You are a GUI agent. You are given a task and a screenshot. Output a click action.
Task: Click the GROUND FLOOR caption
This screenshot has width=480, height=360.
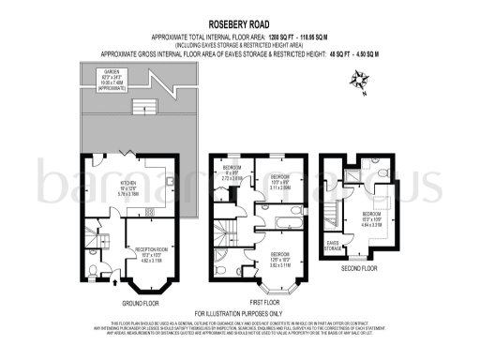tap(141, 302)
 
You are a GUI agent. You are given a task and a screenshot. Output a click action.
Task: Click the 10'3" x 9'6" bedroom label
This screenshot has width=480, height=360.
tap(278, 182)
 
